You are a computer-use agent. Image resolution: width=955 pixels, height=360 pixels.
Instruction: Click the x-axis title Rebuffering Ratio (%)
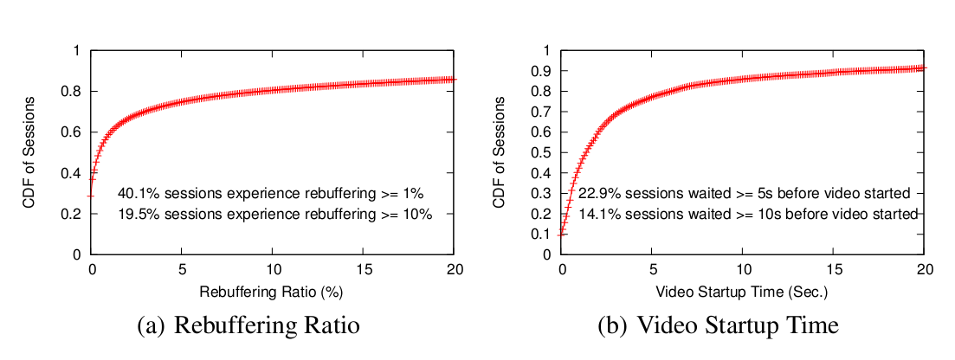[273, 292]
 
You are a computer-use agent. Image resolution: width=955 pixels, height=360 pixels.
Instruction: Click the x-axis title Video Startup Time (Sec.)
[742, 292]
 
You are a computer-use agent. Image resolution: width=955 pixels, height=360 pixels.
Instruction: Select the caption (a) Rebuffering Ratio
[248, 326]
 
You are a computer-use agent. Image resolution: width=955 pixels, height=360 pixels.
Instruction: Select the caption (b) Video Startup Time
[718, 326]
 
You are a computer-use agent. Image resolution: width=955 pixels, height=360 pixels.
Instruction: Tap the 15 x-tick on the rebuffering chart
[364, 269]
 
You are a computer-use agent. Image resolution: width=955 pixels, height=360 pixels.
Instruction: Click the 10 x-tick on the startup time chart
[743, 269]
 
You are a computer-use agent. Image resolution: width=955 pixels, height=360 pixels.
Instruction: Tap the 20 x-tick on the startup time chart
[924, 269]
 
